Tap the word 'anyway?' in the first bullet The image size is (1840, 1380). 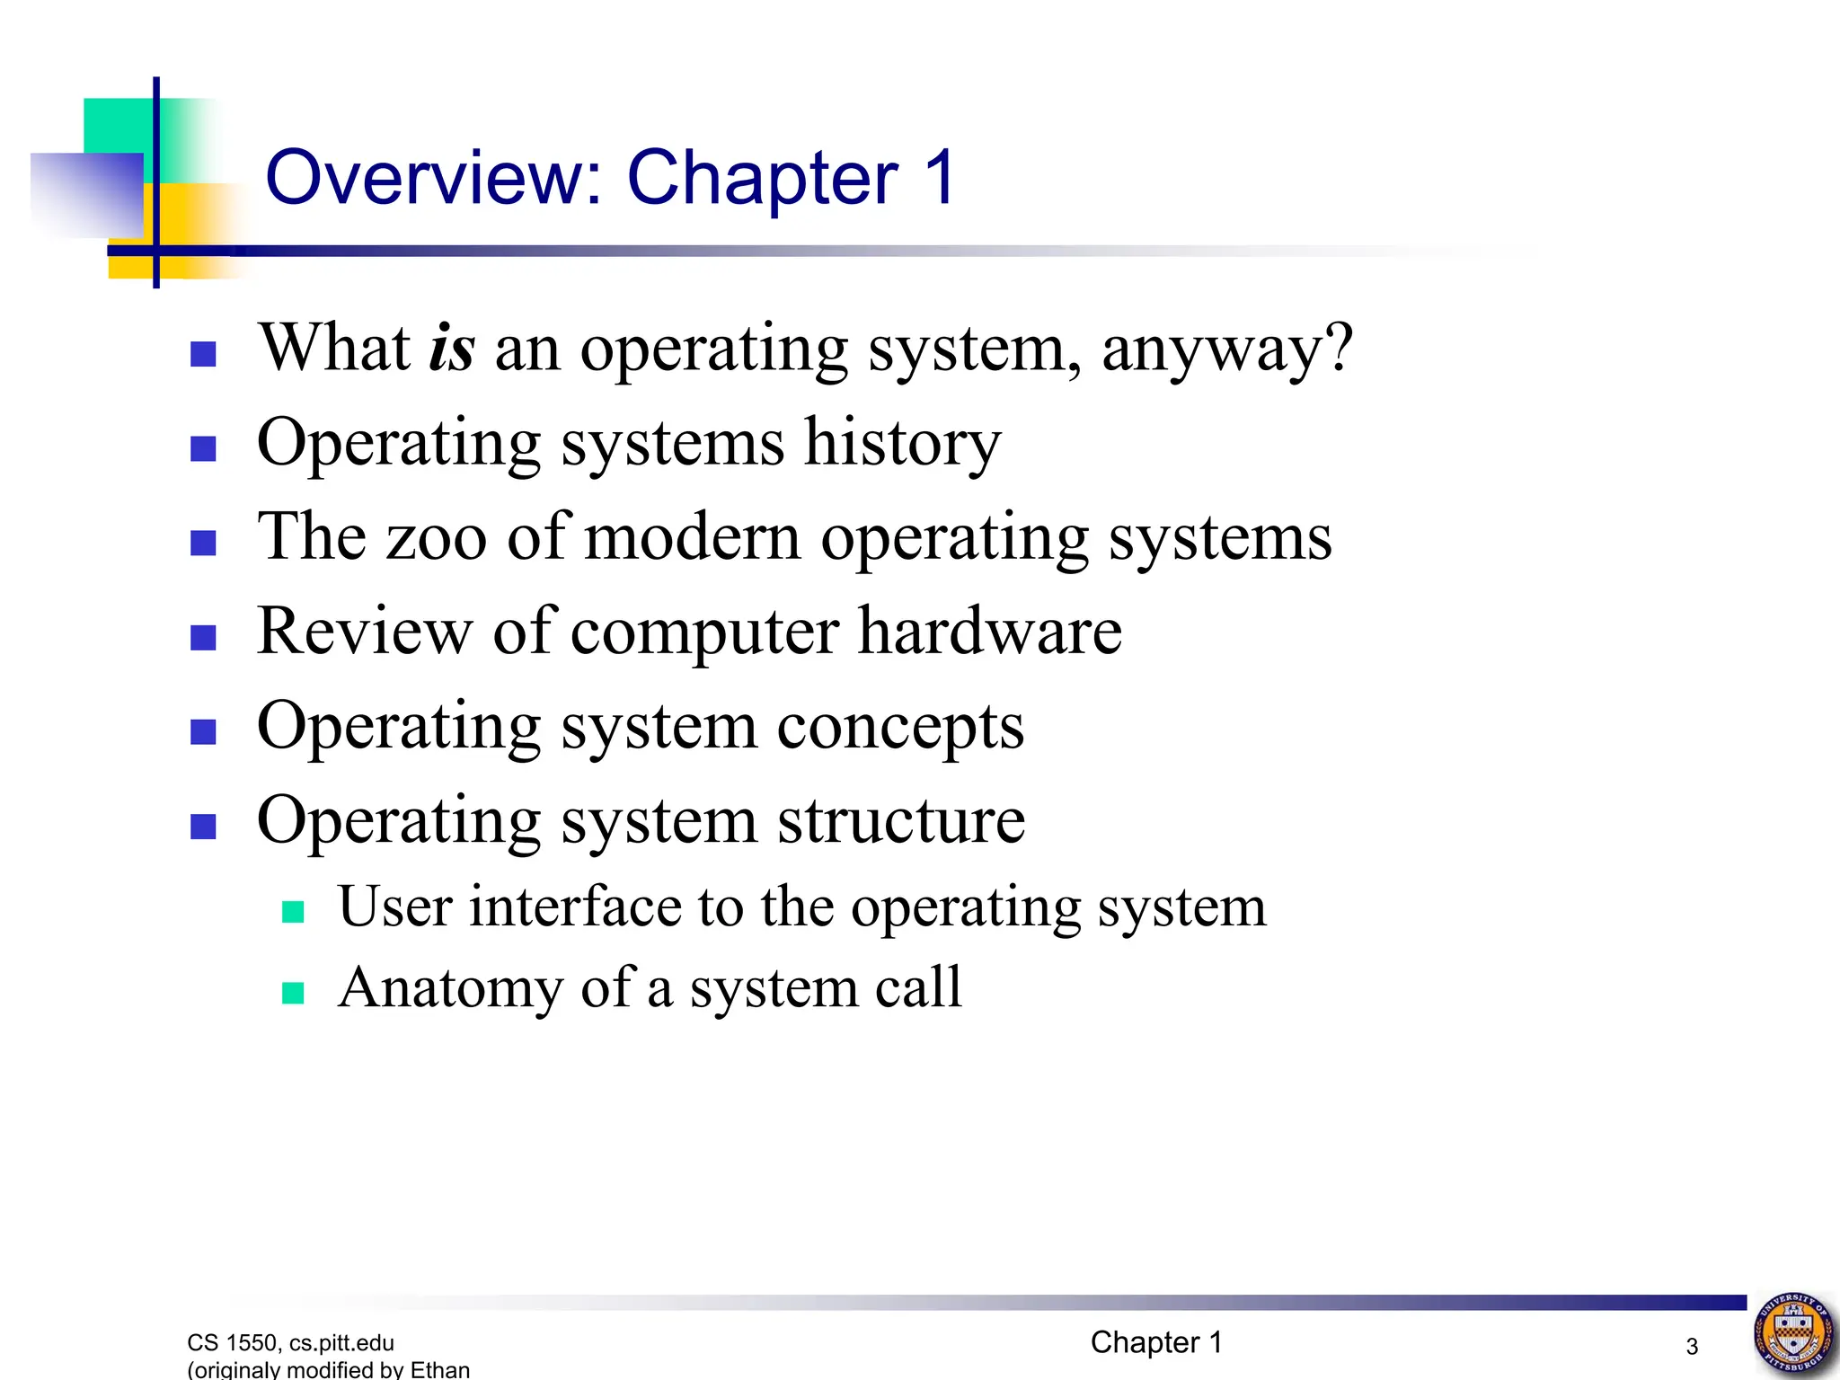(x=1226, y=350)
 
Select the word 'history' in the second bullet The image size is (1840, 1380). (x=902, y=443)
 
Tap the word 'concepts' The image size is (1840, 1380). (x=900, y=728)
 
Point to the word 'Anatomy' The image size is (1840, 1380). (x=449, y=988)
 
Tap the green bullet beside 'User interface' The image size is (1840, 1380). (x=293, y=912)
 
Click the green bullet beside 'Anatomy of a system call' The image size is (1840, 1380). (x=293, y=993)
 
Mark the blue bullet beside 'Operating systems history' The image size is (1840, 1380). (x=204, y=448)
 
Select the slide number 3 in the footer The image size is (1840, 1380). (x=1692, y=1347)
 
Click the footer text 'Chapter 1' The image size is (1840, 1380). (x=1156, y=1342)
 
